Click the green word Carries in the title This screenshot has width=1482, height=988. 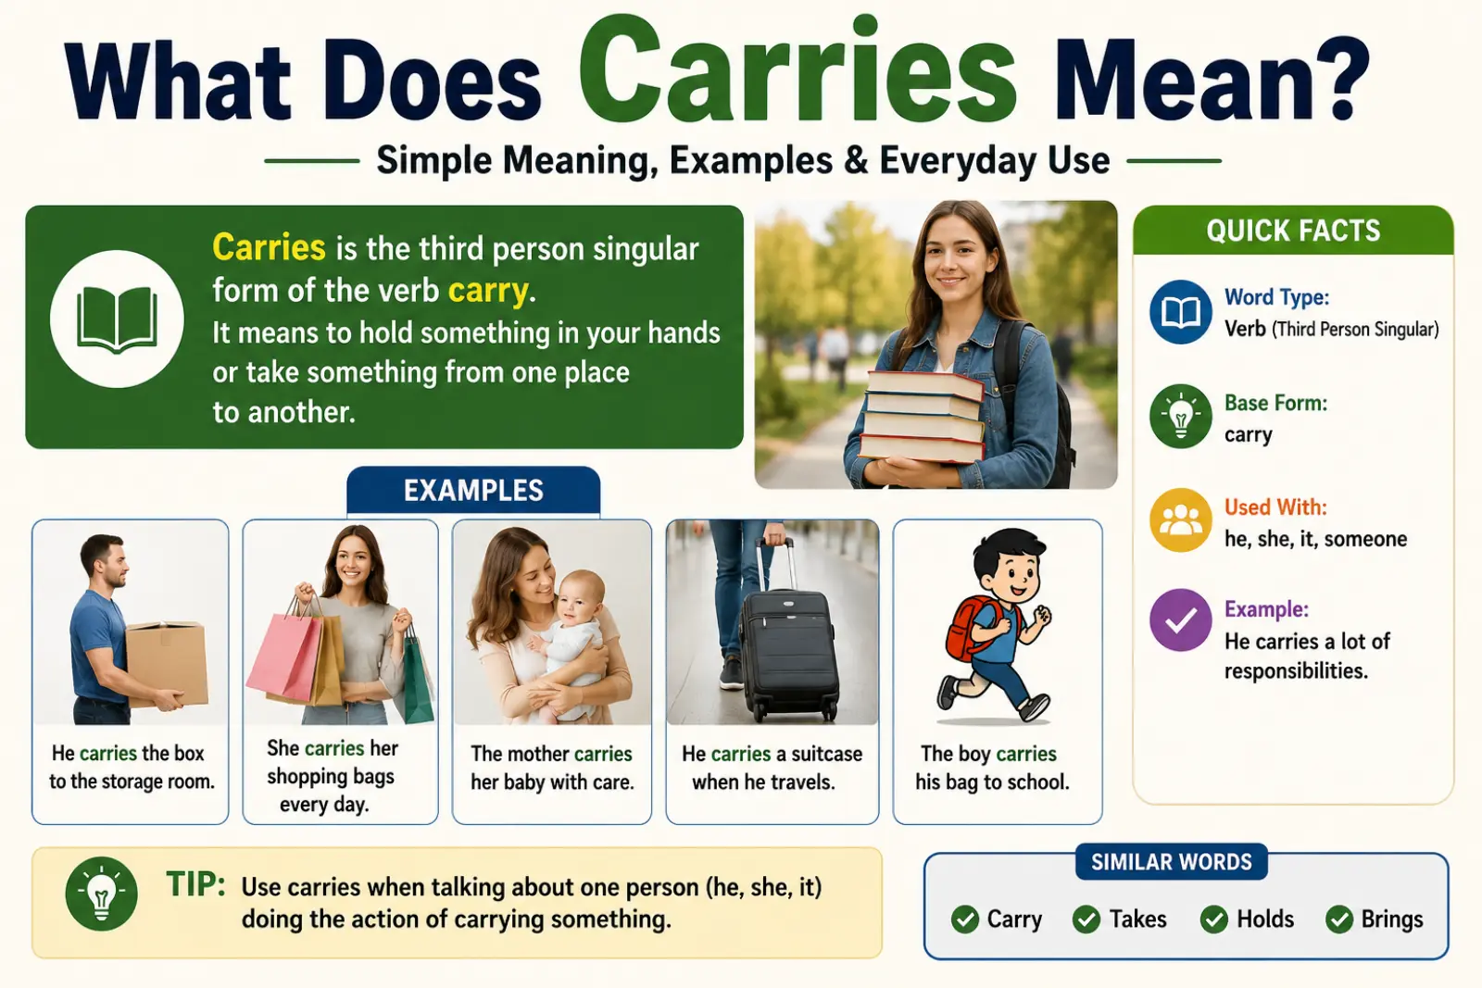tap(797, 70)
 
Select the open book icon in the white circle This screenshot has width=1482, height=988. tap(117, 319)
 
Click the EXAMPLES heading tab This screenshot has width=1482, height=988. tap(473, 491)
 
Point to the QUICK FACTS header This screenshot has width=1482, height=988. tap(1293, 231)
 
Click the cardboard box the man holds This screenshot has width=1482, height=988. tap(167, 663)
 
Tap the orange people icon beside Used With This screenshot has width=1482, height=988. tap(1181, 520)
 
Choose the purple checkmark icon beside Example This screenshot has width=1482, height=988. tap(1181, 620)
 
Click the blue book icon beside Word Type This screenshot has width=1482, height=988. tap(1181, 312)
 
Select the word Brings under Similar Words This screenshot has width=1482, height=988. tap(1392, 919)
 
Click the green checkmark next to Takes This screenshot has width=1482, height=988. tap(1086, 919)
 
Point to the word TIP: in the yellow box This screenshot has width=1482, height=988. tap(195, 884)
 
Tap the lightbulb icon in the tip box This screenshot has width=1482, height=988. tap(102, 894)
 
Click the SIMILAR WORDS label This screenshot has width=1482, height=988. tap(1171, 862)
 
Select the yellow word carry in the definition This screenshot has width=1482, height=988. tap(488, 291)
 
